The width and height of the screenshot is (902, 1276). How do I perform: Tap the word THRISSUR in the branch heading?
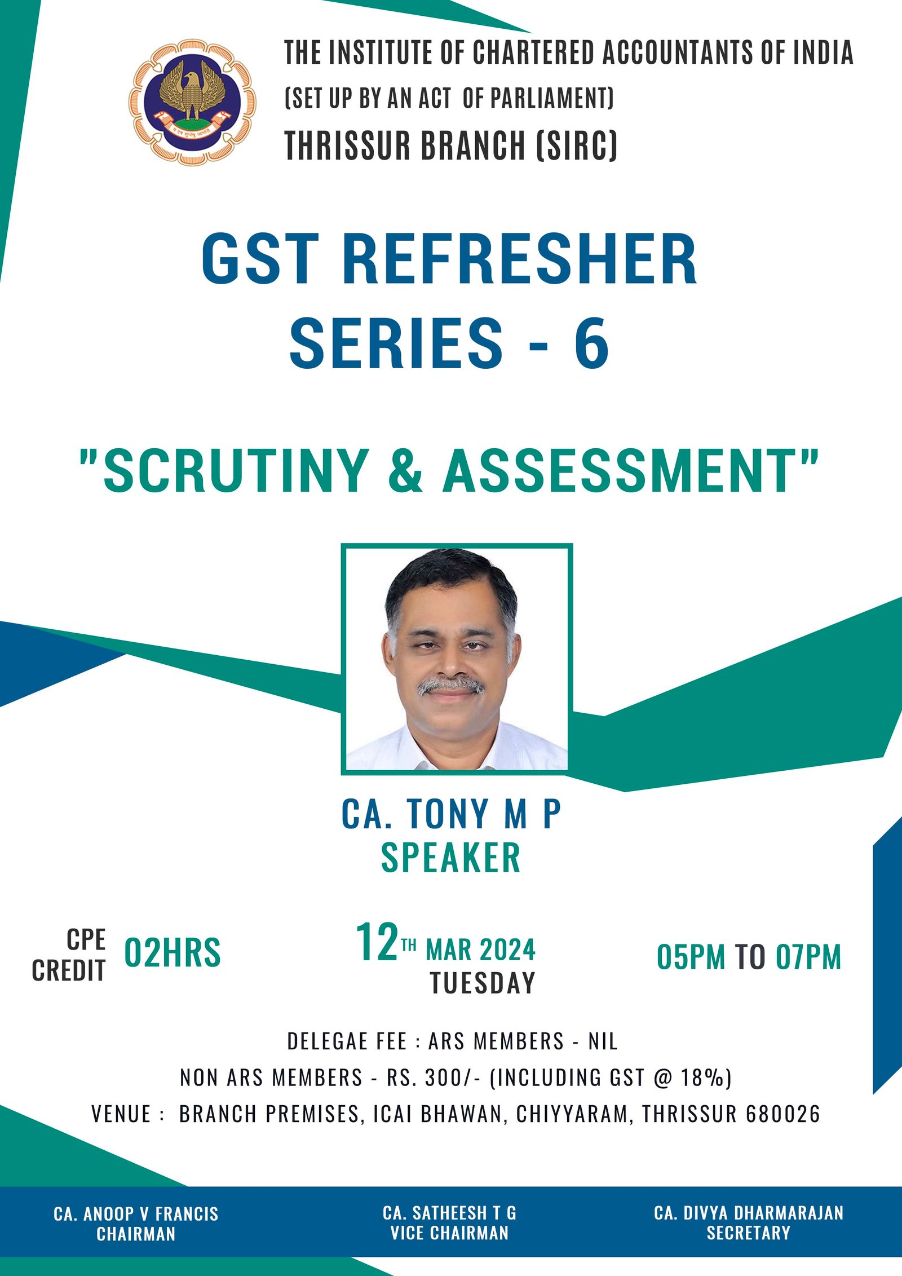tap(348, 145)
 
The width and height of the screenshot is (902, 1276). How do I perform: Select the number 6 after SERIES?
tap(592, 343)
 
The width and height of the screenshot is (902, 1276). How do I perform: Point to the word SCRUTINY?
tap(236, 471)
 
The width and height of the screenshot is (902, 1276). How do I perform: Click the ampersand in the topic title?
tap(405, 471)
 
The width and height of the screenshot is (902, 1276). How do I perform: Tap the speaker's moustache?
tap(451, 686)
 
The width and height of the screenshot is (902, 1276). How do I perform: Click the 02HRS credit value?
tap(172, 953)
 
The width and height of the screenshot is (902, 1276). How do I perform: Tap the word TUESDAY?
tap(483, 983)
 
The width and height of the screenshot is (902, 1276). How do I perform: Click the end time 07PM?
tap(808, 957)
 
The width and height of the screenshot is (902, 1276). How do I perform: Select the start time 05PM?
tap(691, 957)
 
